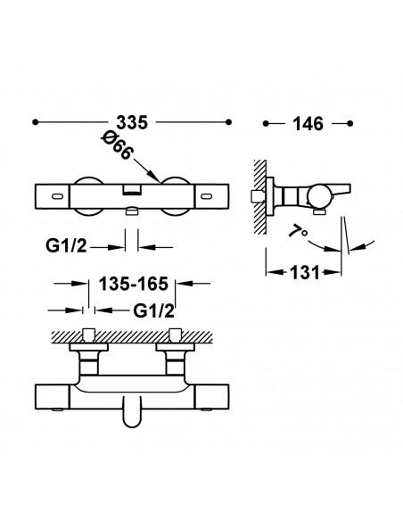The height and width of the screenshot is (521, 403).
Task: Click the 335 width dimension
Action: (x=132, y=122)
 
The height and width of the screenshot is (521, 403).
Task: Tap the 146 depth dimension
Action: (x=308, y=124)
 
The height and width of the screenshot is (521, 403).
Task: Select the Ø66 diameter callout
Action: (x=117, y=145)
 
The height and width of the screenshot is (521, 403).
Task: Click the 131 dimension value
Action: (x=304, y=272)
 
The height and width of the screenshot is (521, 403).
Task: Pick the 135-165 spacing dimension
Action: (x=134, y=284)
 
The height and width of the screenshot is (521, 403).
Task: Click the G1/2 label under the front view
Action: (x=66, y=246)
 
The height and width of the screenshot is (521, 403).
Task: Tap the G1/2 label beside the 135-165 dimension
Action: (x=153, y=311)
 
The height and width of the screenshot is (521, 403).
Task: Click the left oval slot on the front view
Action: (x=58, y=196)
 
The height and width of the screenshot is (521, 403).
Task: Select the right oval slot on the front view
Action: (x=206, y=196)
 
